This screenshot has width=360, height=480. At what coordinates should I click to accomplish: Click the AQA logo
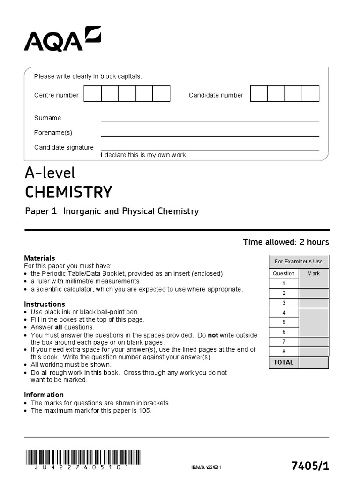point(62,39)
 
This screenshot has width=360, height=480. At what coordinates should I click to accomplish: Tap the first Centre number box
point(93,94)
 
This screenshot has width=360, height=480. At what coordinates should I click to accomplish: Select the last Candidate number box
point(310,94)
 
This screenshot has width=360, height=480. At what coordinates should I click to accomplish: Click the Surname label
point(47,118)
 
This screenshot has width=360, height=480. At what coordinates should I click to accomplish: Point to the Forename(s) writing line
point(210,136)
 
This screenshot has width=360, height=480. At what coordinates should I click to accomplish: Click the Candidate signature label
point(64,147)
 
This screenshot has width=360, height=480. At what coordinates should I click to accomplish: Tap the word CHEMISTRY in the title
point(68,192)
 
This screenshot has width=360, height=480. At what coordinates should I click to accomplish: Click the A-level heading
point(50,173)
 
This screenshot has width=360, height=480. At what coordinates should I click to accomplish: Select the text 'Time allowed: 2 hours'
point(286,242)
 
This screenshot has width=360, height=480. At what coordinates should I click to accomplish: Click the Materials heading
point(39,258)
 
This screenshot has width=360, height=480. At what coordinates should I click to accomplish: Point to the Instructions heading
point(45,304)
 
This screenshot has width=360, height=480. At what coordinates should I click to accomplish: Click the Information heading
point(44,395)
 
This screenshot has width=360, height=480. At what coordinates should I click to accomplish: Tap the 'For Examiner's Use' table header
point(299,262)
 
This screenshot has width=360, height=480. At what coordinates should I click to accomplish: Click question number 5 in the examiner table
point(284,322)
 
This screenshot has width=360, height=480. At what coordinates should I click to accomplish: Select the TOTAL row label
point(284,362)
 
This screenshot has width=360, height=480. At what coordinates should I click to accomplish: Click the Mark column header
point(314,273)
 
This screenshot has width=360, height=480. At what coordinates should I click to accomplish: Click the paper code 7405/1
point(310,465)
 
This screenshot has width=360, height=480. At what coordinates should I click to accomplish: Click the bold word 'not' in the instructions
point(213,335)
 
